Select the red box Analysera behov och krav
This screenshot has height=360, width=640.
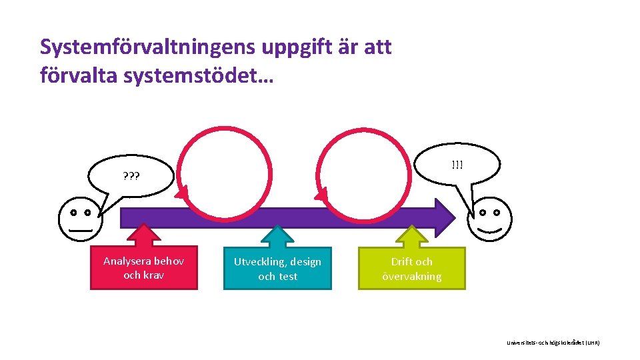(x=144, y=268)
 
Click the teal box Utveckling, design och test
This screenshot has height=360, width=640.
(x=277, y=269)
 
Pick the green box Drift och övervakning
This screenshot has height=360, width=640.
(x=412, y=269)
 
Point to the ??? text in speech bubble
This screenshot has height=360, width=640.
(x=131, y=177)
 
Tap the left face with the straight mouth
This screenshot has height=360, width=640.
(x=80, y=219)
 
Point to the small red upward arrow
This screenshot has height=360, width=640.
(x=143, y=234)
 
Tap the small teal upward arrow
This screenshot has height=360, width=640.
(x=277, y=235)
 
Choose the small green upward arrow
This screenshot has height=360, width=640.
(x=412, y=235)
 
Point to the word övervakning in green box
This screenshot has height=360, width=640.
(x=412, y=277)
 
